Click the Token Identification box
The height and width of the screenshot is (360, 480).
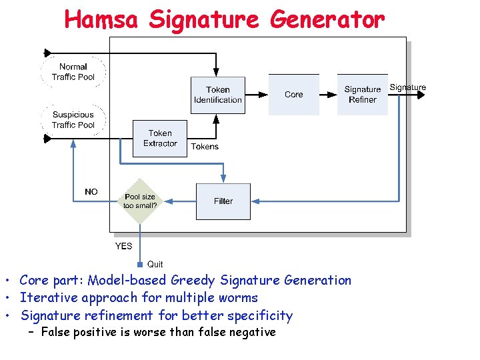coord(217,95)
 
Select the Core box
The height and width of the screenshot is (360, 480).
coord(293,95)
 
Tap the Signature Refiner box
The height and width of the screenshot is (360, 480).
coord(362,95)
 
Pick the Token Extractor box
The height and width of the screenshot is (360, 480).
coord(160,138)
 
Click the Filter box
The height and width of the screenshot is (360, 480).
coord(223,201)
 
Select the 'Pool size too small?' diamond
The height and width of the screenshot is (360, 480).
coord(140,201)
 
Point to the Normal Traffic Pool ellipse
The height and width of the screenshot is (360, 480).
coord(73,71)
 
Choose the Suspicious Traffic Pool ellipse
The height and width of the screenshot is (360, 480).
coord(73,120)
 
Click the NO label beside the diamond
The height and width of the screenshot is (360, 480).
coord(91,192)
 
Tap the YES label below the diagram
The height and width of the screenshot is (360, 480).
coord(123,246)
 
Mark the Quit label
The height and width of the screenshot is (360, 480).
coord(155,265)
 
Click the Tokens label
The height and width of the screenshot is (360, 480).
coord(205,147)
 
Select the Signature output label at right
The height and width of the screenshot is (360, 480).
coord(407,87)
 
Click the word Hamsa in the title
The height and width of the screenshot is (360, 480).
coord(101,19)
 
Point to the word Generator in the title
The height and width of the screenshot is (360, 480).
coord(327,19)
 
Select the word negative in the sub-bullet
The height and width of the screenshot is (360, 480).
coord(251,332)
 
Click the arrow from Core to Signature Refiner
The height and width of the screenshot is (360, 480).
coord(327,95)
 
